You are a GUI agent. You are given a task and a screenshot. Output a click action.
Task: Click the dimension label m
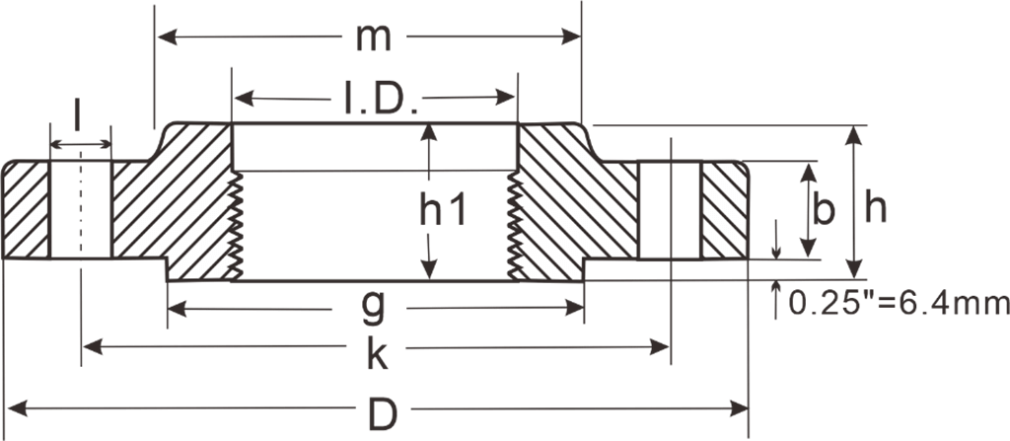pos(374,37)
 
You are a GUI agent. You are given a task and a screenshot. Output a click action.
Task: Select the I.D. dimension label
pos(380,99)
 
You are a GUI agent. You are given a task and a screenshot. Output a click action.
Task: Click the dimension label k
pos(376,351)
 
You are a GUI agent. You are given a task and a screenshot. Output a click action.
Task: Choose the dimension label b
pos(826,209)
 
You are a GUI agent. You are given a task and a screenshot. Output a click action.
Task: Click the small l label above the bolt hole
pos(78,117)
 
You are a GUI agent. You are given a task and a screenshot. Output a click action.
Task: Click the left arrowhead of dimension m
pos(167,37)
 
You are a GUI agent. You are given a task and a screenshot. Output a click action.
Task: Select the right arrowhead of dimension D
pos(740,406)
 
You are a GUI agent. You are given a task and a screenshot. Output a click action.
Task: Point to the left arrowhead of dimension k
pos(92,346)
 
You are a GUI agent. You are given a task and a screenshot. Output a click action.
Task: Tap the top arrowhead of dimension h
pos(855,134)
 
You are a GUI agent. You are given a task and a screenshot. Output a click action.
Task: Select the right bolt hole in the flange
pos(670,209)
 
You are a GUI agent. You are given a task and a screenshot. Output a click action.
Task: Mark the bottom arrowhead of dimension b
pos(809,251)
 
